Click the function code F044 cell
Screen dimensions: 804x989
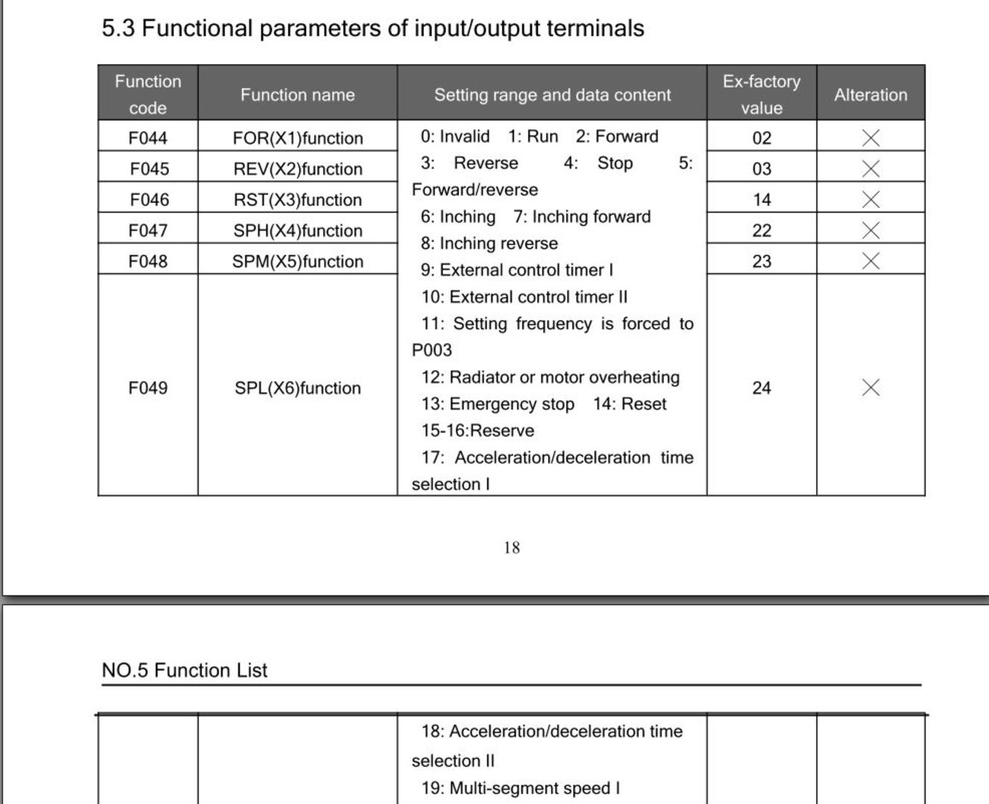(147, 138)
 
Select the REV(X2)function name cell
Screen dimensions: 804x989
(297, 169)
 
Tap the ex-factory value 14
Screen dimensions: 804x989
(761, 200)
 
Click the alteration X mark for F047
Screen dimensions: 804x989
(870, 231)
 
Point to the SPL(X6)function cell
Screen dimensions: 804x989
(297, 388)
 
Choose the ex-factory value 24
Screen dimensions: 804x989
(761, 388)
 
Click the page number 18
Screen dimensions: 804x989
(512, 548)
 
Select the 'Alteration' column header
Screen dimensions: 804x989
(870, 95)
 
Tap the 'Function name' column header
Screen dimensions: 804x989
(297, 95)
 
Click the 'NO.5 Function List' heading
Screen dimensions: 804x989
(184, 670)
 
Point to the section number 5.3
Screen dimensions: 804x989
(118, 28)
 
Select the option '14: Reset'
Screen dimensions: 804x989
(629, 404)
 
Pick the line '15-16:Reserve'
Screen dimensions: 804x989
(477, 431)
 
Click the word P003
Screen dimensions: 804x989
(431, 351)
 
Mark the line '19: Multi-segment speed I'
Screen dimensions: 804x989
(520, 788)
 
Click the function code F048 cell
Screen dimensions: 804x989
(147, 261)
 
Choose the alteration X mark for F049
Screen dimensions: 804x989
(870, 388)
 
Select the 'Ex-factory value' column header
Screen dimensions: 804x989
(761, 95)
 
